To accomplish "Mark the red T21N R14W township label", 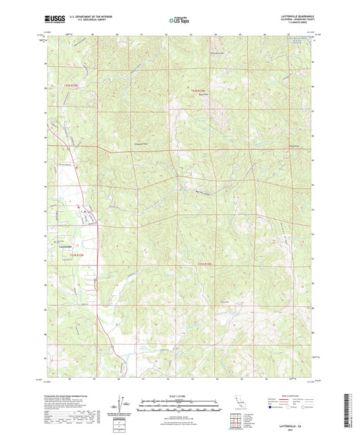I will pos(205,264).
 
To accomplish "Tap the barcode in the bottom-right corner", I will pos(351,412).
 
